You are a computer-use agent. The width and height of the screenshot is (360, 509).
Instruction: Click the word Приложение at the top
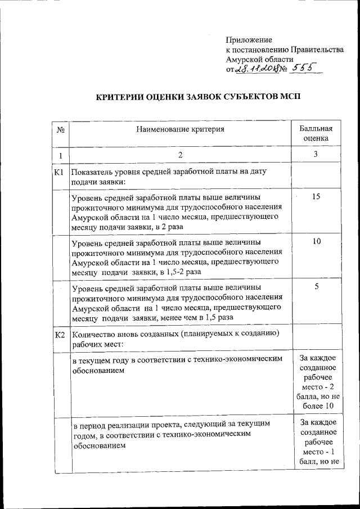point(249,40)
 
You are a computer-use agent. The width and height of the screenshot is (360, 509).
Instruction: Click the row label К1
point(60,172)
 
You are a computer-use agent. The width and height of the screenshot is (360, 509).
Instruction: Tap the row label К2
point(60,336)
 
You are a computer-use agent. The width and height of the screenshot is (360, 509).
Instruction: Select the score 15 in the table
point(316,196)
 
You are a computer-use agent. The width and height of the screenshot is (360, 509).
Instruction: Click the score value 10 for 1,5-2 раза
point(316,241)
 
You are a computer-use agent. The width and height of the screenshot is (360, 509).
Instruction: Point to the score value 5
point(316,287)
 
